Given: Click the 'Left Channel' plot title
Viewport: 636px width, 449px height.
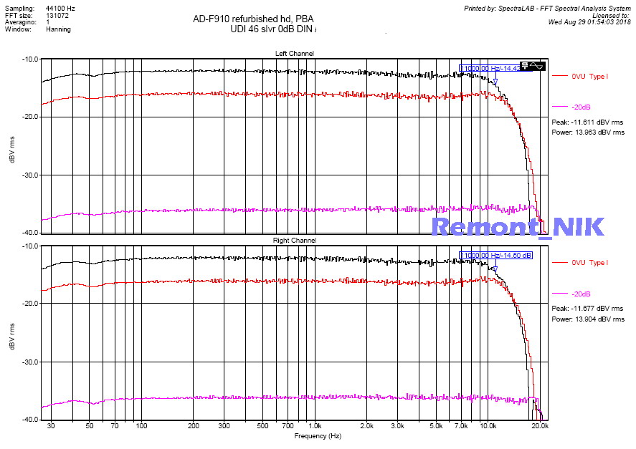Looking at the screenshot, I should [294, 54].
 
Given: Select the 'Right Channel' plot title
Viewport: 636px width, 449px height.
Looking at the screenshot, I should [294, 241].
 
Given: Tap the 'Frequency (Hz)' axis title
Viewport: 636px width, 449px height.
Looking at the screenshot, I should [316, 435].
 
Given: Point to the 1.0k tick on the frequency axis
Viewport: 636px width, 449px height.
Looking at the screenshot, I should [316, 426].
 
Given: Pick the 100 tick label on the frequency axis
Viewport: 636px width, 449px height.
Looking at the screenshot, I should [142, 426].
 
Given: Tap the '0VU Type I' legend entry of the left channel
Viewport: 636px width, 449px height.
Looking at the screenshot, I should [589, 76].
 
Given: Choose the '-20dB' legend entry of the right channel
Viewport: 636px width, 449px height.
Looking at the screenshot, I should [581, 294].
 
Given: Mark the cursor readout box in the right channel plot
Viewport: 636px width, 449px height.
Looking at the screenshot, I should [496, 255].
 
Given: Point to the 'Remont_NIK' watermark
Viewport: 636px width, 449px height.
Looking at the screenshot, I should [518, 226].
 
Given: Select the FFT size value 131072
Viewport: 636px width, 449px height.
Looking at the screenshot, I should [57, 15].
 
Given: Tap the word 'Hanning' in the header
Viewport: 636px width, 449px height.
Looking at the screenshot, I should [58, 29].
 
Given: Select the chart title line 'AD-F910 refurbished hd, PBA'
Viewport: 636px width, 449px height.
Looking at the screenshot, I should [253, 18].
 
